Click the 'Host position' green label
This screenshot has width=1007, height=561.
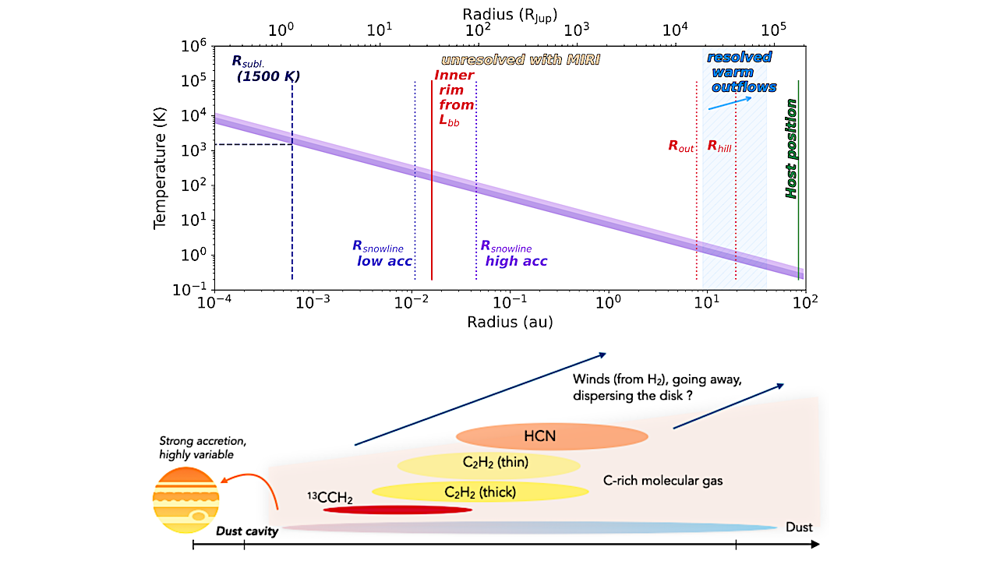coord(791,149)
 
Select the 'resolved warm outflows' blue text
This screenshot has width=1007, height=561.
coord(740,72)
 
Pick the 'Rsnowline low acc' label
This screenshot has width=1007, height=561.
coord(383,254)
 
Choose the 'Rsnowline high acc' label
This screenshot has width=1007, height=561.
coord(514,254)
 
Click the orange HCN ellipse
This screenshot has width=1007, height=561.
coord(551,436)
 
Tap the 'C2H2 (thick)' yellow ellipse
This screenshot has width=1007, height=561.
coord(480,492)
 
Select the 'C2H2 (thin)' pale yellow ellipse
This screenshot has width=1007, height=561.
coord(489,465)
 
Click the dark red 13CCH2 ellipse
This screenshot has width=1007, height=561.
coord(397,510)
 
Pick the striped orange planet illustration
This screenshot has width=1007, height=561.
coord(186,499)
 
